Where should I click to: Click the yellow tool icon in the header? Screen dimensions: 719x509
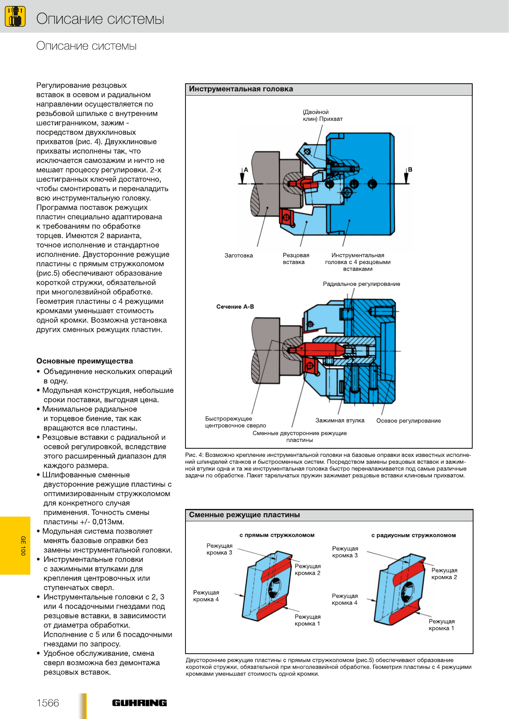15,17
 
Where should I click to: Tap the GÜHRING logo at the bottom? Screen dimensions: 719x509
139,703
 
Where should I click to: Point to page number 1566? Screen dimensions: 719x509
48,703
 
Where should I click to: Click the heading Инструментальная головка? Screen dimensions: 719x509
241,89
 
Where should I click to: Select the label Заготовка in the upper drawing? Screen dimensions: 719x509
238,256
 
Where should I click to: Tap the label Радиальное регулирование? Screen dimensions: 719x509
362,284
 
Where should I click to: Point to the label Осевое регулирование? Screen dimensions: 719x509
408,421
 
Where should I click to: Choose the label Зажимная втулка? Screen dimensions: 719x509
340,421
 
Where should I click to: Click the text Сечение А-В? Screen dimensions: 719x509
235,307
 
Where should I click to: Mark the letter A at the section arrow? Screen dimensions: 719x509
246,170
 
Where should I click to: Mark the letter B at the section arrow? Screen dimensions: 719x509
410,170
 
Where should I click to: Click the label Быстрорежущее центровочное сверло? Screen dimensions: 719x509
235,422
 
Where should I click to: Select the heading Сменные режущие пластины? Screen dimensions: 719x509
244,515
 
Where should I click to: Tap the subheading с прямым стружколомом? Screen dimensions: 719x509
277,535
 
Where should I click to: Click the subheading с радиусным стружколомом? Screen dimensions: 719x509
413,535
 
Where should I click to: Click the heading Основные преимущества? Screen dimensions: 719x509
85,361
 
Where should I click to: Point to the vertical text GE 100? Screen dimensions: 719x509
23,546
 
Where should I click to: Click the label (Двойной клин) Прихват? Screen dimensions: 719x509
323,116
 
